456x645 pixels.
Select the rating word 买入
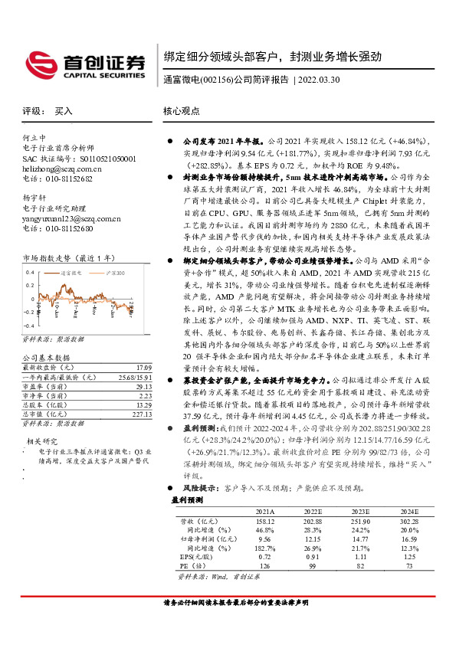[x=64, y=111]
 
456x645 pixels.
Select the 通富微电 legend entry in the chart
[x=70, y=272]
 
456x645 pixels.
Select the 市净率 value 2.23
[x=134, y=397]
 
